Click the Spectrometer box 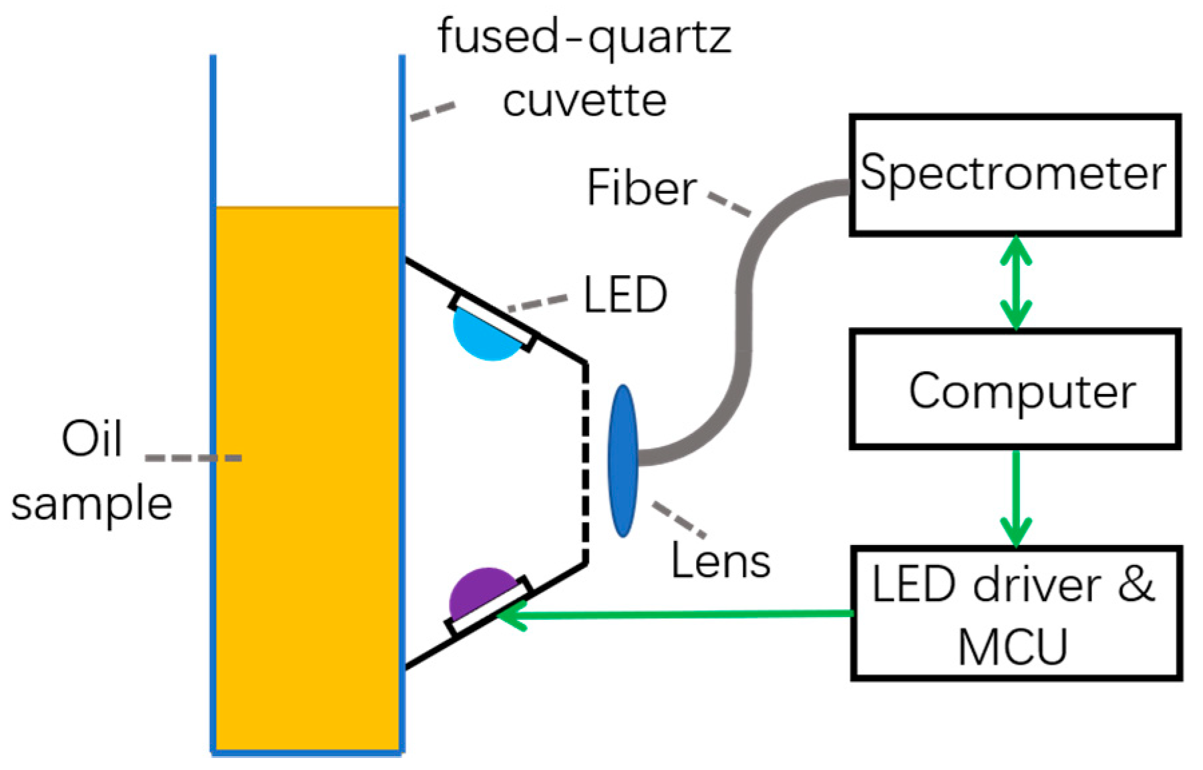[x=1014, y=174]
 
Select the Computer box [x=1014, y=390]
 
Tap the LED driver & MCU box [x=1015, y=613]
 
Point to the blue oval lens [x=623, y=460]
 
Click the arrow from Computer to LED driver [x=1015, y=498]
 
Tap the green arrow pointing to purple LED [x=675, y=614]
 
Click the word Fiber [x=641, y=188]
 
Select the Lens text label [x=720, y=561]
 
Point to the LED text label [x=625, y=295]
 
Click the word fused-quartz [x=584, y=37]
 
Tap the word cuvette [x=584, y=100]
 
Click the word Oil [x=92, y=439]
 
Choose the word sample [x=92, y=504]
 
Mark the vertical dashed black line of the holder [x=585, y=463]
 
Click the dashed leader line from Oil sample [x=194, y=458]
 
